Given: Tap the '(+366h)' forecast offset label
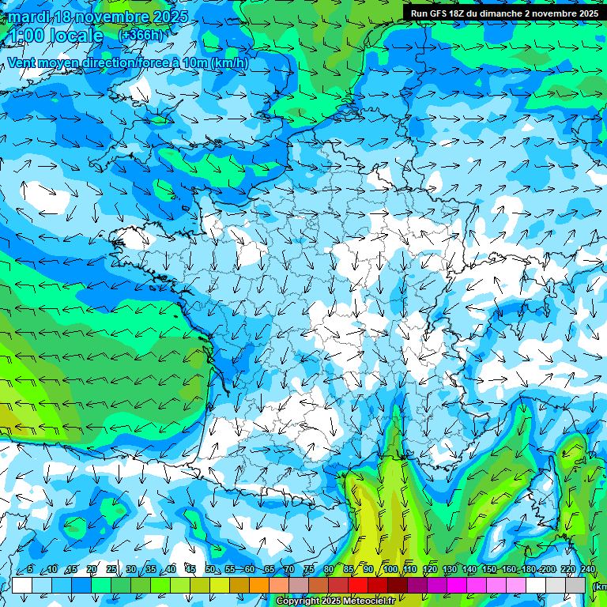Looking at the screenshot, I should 142,35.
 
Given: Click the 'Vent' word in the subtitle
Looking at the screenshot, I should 23,63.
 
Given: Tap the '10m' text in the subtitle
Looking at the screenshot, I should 197,63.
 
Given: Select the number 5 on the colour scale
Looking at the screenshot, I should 30,570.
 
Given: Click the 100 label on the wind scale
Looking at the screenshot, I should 389,570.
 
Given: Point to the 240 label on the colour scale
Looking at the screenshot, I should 587,570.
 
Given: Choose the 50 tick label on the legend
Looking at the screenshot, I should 210,570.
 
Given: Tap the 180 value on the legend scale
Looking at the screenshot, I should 528,570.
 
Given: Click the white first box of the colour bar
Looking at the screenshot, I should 22,585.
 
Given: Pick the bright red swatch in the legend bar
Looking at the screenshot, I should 358,585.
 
